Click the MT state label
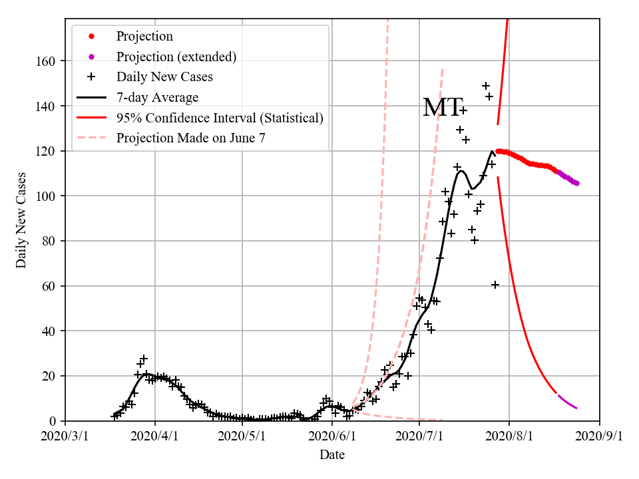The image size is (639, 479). (442, 107)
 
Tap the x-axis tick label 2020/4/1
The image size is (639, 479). (155, 436)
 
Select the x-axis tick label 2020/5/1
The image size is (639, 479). (242, 436)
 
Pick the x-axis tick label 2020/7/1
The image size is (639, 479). (419, 436)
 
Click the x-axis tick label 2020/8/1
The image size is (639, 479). (509, 436)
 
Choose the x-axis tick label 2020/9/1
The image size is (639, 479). (599, 436)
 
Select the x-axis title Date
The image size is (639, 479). (332, 455)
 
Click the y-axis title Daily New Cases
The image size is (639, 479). (21, 220)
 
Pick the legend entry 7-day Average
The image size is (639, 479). (157, 98)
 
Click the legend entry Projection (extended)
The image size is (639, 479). (176, 57)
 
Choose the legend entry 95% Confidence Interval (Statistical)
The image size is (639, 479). (220, 118)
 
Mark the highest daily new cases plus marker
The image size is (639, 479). (486, 86)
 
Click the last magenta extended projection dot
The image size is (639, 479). (576, 183)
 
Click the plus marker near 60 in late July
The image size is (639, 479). (495, 285)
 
